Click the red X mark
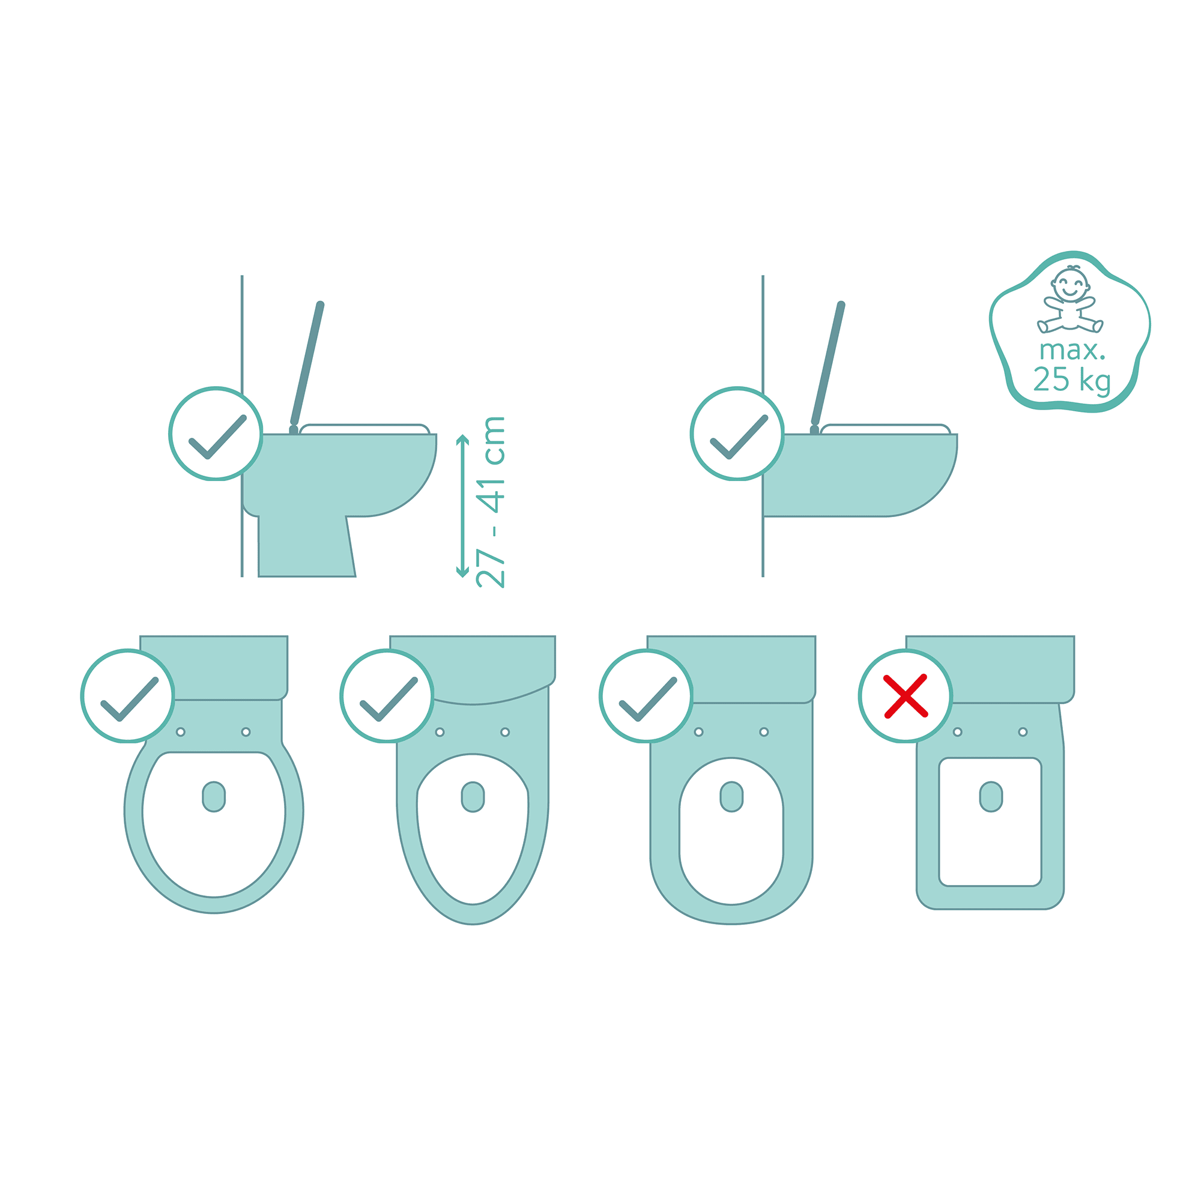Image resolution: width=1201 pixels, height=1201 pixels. pos(906,696)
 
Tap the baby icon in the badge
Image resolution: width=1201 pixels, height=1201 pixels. pos(1070,301)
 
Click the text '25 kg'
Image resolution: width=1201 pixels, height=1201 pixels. pos(1072,380)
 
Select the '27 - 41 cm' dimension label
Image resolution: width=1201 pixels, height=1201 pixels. pos(491,501)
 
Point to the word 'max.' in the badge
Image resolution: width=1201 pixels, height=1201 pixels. pos(1072,351)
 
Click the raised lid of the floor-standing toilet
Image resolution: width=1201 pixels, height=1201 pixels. pos(307,364)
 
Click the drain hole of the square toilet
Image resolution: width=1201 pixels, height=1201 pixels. pos(991,797)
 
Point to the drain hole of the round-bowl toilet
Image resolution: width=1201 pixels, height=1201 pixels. pos(214,797)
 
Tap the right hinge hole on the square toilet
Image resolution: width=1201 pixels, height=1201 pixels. pos(1023,732)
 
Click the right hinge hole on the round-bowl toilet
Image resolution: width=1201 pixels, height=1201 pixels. pos(246,732)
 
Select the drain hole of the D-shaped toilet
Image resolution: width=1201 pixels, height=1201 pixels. pos(731,797)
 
